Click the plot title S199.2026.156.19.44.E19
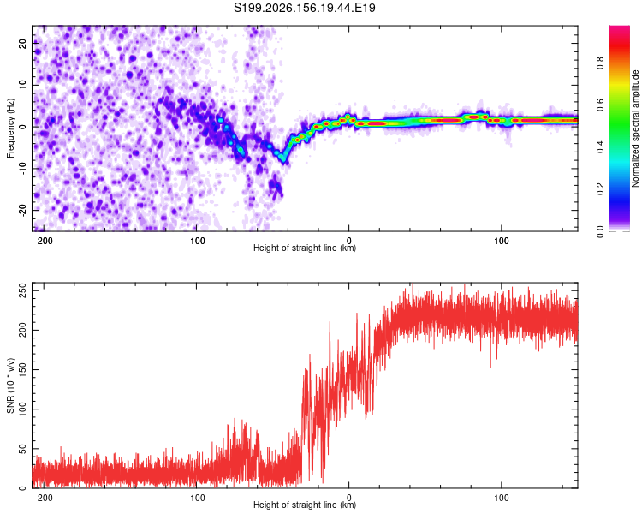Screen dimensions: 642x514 coord(304,8)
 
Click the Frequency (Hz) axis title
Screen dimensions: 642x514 coord(10,128)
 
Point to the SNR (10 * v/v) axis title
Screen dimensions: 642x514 coord(10,385)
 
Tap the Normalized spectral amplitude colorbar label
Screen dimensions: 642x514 coord(635,128)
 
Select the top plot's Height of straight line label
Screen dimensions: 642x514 coord(305,248)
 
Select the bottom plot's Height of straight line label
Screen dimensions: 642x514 coord(305,505)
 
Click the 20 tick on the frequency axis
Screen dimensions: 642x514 coord(22,44)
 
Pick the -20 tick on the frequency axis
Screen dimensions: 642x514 coord(22,210)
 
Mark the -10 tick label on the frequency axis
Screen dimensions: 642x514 coord(22,168)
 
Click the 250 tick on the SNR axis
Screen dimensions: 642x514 coord(22,290)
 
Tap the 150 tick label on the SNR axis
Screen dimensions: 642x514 coord(22,370)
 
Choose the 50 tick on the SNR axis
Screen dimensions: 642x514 coord(22,449)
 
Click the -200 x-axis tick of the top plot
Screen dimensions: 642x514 coord(44,241)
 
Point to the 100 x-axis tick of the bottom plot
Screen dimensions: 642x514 coord(501,498)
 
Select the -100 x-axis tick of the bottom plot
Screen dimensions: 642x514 coord(196,498)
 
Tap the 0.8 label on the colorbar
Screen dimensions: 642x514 coord(600,63)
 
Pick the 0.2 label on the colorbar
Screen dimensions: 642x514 coord(600,189)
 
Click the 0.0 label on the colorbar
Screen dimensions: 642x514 coord(600,231)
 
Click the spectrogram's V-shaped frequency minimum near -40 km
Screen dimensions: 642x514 coord(283,160)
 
